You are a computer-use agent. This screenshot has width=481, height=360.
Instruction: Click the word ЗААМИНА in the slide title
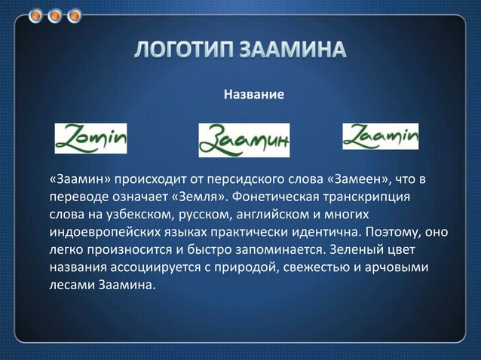(x=295, y=51)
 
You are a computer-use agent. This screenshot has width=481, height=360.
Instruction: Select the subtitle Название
(x=253, y=96)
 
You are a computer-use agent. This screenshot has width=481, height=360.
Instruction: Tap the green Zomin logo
(x=90, y=137)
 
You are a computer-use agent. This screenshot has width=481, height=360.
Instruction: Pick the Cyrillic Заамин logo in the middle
(x=244, y=139)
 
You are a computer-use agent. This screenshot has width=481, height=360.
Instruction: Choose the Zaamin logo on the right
(x=380, y=136)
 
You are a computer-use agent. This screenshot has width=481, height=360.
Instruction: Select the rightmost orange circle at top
(x=75, y=14)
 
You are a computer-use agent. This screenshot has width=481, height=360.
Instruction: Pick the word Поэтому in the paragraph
(x=394, y=231)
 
